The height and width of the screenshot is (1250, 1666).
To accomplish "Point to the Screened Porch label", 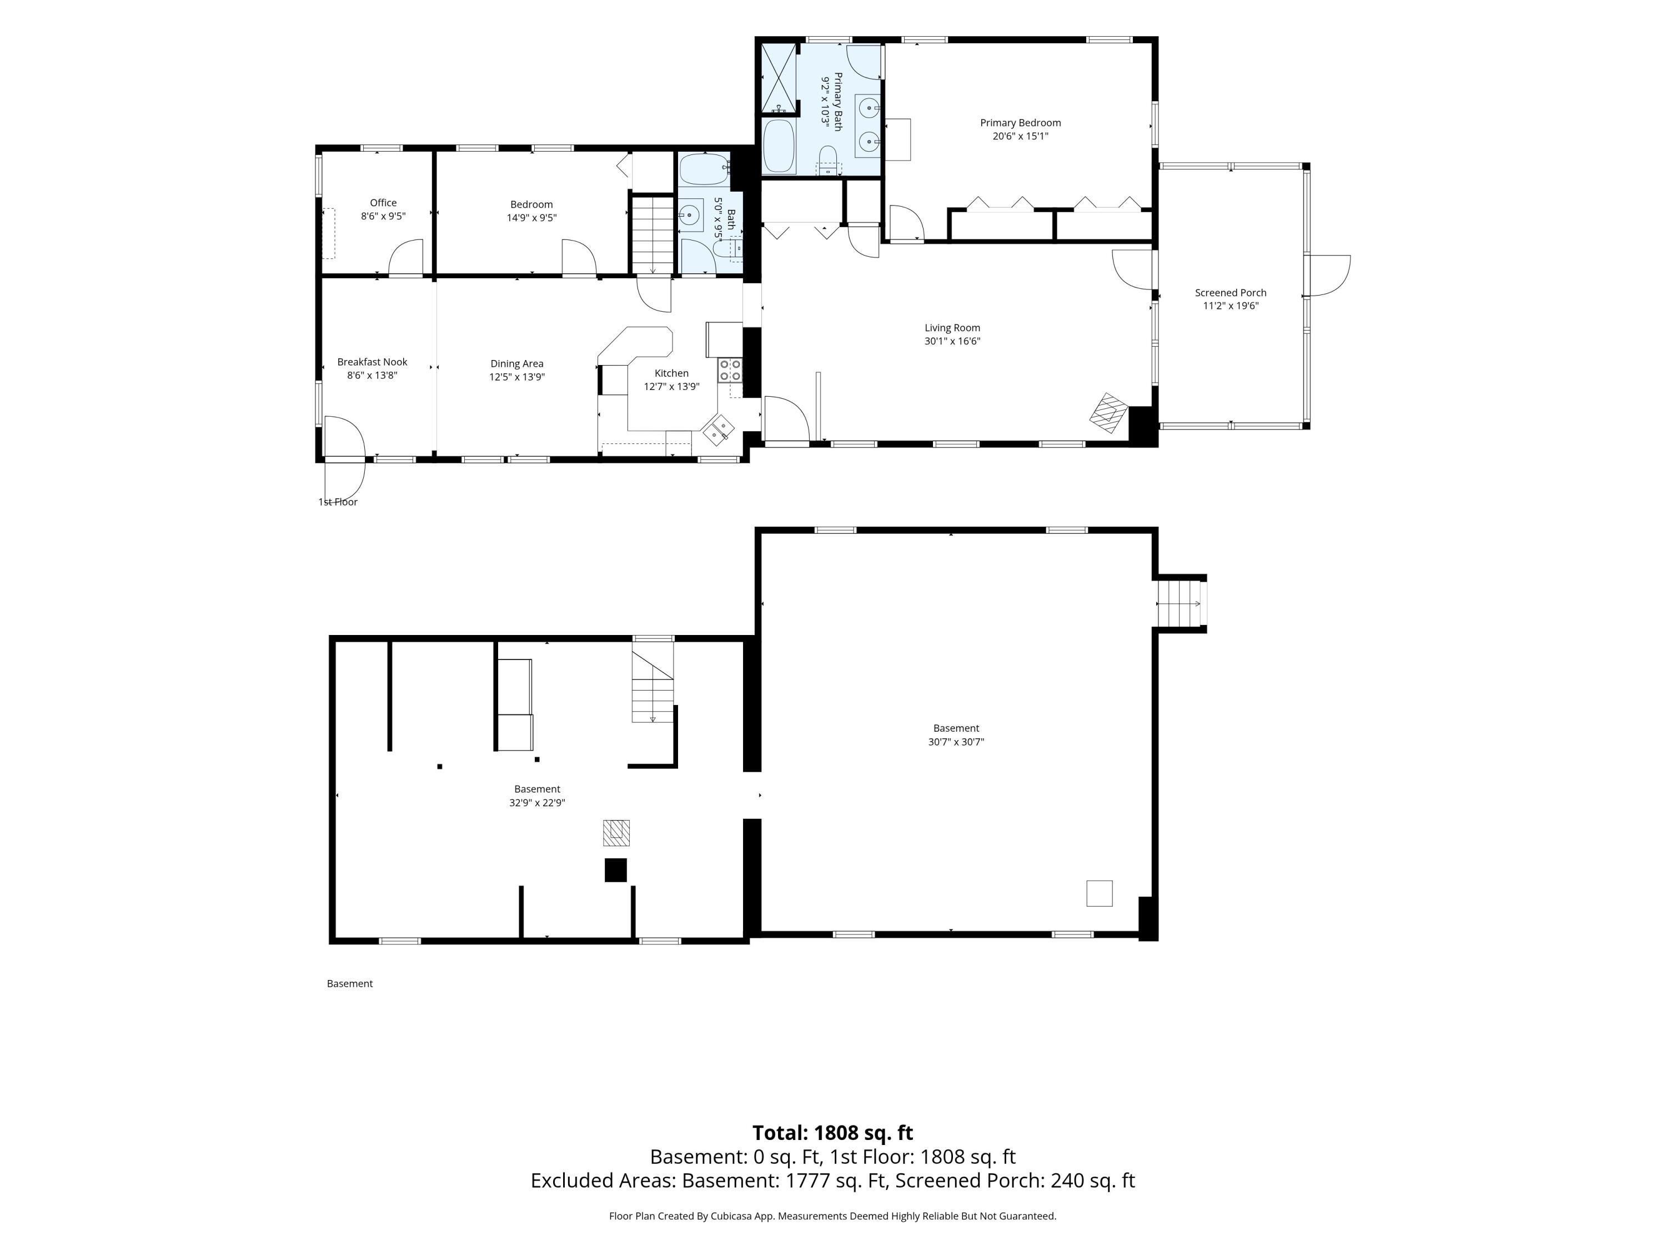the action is click(1230, 292).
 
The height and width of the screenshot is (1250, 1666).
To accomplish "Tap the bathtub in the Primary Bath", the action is click(779, 146).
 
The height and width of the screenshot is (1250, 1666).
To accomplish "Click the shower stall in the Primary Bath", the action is click(778, 78).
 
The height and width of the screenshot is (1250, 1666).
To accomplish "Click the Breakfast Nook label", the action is click(372, 362).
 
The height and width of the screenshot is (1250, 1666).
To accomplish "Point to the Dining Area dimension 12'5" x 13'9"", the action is click(516, 377).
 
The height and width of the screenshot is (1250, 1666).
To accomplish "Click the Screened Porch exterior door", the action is click(1328, 276).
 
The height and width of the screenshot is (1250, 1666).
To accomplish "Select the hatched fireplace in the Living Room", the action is click(1108, 413).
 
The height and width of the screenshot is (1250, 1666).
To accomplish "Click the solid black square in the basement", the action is click(615, 869).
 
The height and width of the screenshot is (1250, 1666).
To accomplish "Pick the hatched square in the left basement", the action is click(616, 833).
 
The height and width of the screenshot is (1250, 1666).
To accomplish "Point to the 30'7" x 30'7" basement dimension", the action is click(956, 742).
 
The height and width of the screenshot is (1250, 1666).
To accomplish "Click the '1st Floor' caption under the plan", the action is click(338, 502).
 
